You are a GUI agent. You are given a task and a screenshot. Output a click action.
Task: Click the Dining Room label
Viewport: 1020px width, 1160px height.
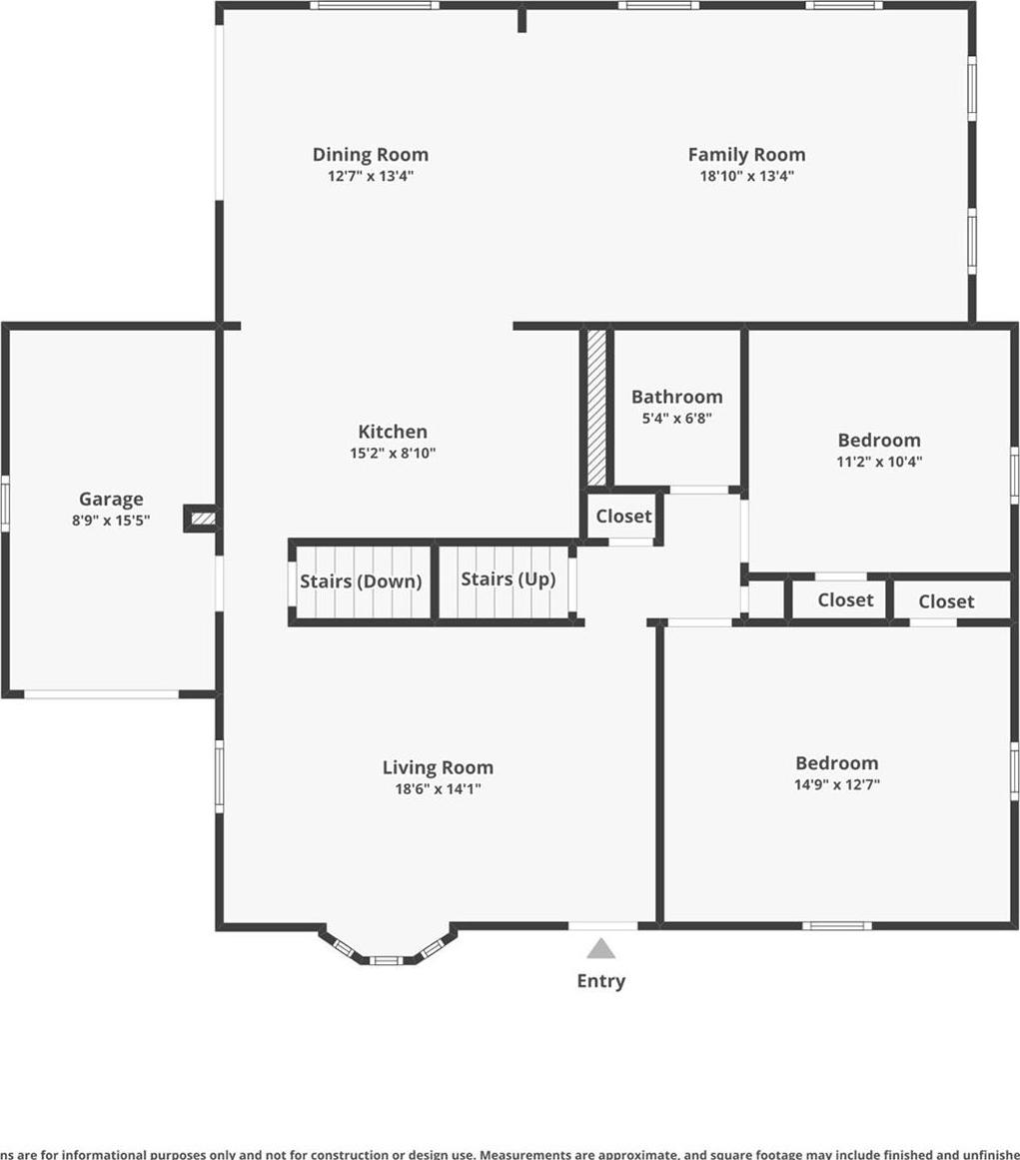point(370,155)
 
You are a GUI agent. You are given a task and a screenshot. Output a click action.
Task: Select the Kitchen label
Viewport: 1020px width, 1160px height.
point(393,432)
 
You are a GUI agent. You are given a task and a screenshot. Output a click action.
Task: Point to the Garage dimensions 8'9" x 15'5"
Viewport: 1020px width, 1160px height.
point(111,521)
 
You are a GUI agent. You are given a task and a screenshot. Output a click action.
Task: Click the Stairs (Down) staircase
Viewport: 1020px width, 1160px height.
point(361,581)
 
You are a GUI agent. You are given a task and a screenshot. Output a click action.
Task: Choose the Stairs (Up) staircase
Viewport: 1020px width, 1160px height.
point(508,580)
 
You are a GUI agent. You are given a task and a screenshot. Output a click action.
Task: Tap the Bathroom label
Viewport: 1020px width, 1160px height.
point(676,397)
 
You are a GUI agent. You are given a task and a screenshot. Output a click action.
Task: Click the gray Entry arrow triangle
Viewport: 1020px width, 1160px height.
point(600,949)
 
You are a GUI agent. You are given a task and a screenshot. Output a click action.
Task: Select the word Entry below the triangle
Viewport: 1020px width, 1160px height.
point(600,981)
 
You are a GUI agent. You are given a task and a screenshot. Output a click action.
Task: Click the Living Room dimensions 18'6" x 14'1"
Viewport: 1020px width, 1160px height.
point(438,789)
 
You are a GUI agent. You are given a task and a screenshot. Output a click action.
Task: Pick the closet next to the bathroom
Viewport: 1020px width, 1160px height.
point(623,517)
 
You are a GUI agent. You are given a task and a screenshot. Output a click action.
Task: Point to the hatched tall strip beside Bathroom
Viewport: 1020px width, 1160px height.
point(596,407)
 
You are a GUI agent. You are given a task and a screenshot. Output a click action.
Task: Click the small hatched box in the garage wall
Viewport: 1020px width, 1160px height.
point(203,519)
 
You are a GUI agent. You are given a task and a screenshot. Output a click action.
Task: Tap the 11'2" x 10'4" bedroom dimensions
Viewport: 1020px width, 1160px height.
point(879,463)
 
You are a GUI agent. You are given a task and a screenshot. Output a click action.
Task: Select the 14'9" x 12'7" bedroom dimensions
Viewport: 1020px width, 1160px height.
point(836,785)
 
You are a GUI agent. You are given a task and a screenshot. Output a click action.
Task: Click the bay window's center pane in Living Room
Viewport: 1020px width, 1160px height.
point(386,960)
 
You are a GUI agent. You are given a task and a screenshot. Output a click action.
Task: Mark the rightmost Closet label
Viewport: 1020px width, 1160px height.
point(946,601)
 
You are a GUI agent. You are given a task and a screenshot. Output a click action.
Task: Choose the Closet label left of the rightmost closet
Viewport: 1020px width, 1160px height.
point(845,600)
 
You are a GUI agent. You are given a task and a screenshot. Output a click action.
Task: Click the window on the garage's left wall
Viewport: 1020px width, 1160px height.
point(5,504)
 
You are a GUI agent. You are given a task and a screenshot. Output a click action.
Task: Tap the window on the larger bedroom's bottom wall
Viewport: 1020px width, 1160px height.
point(836,925)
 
